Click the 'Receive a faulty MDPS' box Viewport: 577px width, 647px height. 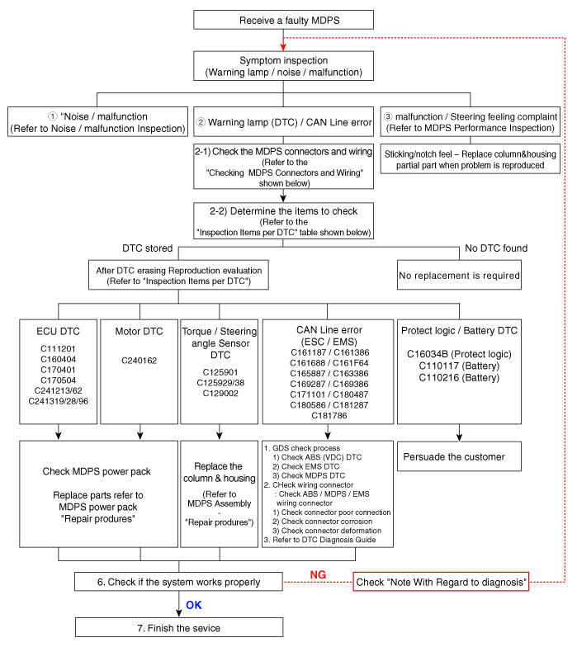tap(284, 20)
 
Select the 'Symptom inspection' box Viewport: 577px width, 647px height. tap(284, 66)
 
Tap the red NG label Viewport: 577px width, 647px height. tap(318, 574)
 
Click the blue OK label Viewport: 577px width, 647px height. tap(193, 606)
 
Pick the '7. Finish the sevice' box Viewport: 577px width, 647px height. tap(179, 627)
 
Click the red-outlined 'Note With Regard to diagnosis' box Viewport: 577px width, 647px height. tap(441, 582)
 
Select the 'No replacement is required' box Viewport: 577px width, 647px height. tap(459, 276)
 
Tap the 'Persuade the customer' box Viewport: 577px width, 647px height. tap(459, 456)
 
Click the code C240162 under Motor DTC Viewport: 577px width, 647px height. tap(139, 361)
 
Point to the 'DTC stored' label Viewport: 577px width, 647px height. tap(147, 248)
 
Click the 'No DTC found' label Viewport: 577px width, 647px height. tap(496, 248)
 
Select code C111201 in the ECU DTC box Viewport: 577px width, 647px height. tap(58, 348)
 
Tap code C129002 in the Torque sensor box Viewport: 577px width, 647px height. tap(220, 393)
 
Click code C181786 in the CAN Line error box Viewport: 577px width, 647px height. tap(329, 416)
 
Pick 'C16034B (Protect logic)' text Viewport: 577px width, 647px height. tap(459, 354)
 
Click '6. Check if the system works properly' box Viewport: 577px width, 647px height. tap(178, 582)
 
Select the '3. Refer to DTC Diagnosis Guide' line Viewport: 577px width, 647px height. tap(320, 540)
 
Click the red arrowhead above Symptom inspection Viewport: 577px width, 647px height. tap(283, 46)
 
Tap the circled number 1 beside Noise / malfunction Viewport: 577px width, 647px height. tap(53, 116)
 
